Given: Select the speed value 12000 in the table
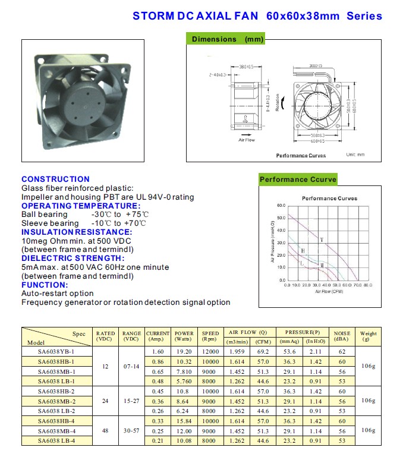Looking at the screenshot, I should tap(210, 352).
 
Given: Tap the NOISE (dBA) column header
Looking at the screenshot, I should tap(342, 337).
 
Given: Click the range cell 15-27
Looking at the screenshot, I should tap(131, 401).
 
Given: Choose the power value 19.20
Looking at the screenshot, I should tap(184, 352).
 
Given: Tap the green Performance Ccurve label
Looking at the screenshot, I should tap(298, 179).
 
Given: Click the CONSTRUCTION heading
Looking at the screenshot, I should tap(55, 179).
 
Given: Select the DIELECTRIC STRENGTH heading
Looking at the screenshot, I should tap(73, 258).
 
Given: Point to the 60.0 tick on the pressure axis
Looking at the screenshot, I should tap(281, 206).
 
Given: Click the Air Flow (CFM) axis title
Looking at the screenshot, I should tap(330, 292).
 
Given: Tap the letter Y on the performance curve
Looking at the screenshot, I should tap(321, 240).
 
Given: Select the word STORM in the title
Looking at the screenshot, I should tap(152, 16).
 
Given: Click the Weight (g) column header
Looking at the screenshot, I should tap(369, 337).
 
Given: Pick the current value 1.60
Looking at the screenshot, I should tap(158, 352).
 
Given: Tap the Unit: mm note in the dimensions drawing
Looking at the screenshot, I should tap(355, 155).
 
